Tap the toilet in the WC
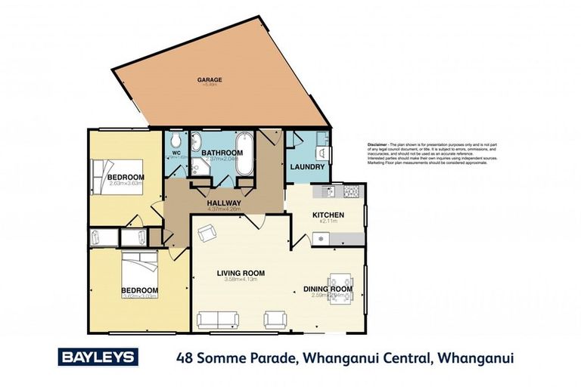coord(176,141)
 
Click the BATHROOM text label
coord(222,153)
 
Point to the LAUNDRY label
coord(308,167)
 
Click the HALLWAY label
coord(224,203)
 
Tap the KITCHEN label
coord(328,215)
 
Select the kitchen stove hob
coord(351,192)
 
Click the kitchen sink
coord(328,191)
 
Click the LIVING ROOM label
coord(241,273)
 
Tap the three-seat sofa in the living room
coord(217,320)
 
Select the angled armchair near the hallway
coord(205,234)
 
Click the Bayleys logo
coord(98,357)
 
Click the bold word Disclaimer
coord(377,144)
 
